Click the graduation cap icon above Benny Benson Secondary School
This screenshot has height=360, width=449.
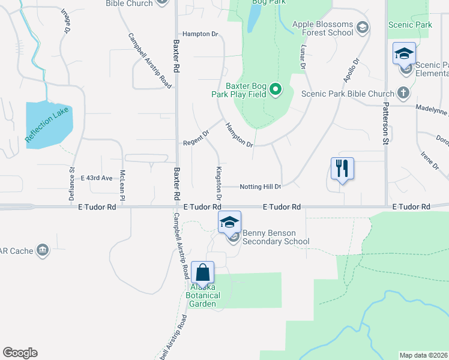(229, 222)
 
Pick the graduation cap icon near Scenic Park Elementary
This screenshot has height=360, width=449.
(404, 53)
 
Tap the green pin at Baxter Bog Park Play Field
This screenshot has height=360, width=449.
(276, 90)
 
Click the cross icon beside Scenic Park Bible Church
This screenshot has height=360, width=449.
(403, 93)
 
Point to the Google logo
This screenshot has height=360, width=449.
(20, 353)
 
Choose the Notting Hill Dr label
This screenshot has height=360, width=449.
(261, 187)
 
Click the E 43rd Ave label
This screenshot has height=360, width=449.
(97, 178)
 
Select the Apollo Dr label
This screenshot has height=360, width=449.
(351, 70)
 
